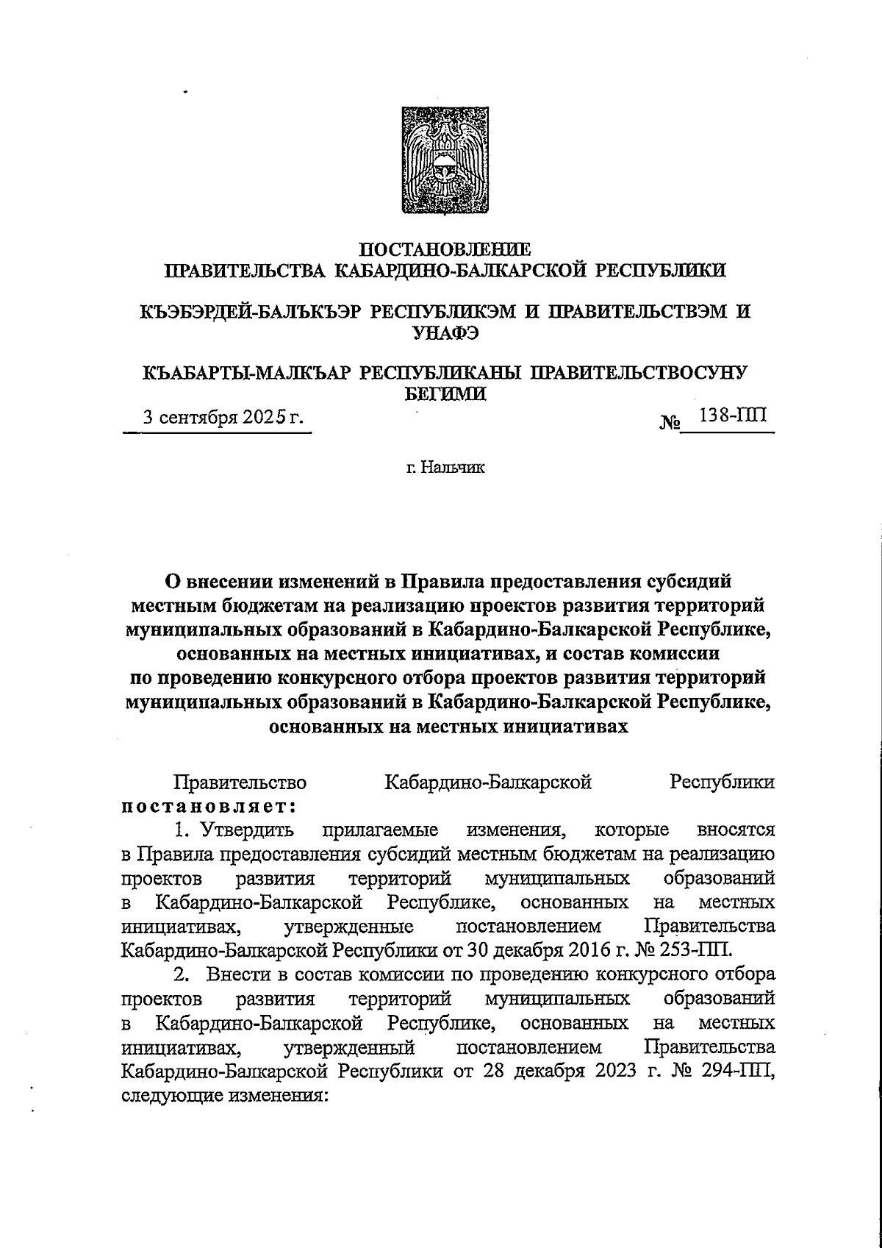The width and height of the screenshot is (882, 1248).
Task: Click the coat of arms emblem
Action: point(442,160)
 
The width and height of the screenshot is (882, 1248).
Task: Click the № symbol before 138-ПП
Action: point(669,423)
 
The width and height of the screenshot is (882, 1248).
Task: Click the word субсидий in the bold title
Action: point(688,581)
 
